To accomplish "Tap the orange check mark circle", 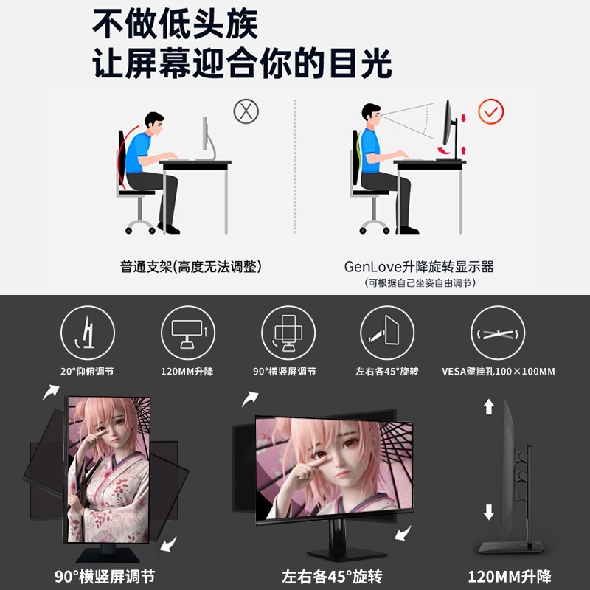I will [490, 112].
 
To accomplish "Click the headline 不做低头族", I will [175, 25].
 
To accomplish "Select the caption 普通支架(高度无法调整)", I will [191, 266].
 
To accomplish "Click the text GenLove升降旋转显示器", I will [418, 266].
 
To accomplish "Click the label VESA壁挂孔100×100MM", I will [498, 371].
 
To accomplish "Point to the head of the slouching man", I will [153, 122].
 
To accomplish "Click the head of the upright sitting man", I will [370, 114].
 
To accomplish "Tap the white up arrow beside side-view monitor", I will [489, 406].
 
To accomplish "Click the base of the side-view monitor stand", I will [510, 546].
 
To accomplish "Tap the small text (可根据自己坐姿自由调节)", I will [420, 283].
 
